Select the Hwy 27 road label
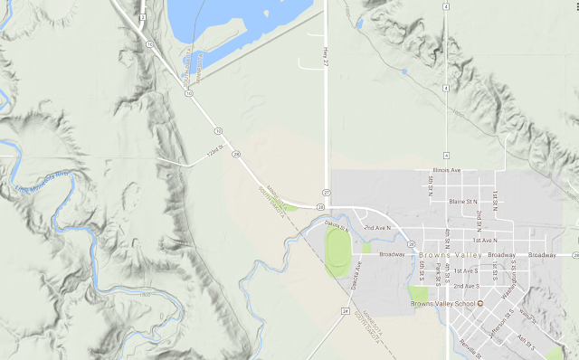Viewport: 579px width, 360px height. click(x=324, y=55)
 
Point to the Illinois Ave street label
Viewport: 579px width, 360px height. click(x=446, y=170)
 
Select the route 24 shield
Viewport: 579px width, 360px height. click(x=345, y=312)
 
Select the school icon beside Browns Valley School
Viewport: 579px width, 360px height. click(x=481, y=303)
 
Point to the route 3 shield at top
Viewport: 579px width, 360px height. click(x=143, y=16)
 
